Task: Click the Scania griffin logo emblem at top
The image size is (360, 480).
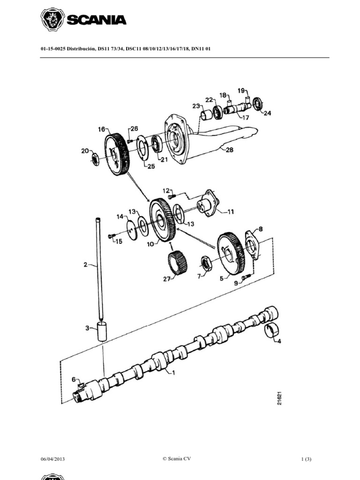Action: click(x=52, y=20)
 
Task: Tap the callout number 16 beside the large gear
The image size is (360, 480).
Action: click(x=102, y=129)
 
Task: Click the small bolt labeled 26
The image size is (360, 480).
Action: click(x=130, y=141)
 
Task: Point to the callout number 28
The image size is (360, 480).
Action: click(x=229, y=150)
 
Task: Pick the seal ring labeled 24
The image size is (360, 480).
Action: click(x=258, y=103)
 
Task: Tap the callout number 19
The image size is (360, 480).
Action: click(x=241, y=90)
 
